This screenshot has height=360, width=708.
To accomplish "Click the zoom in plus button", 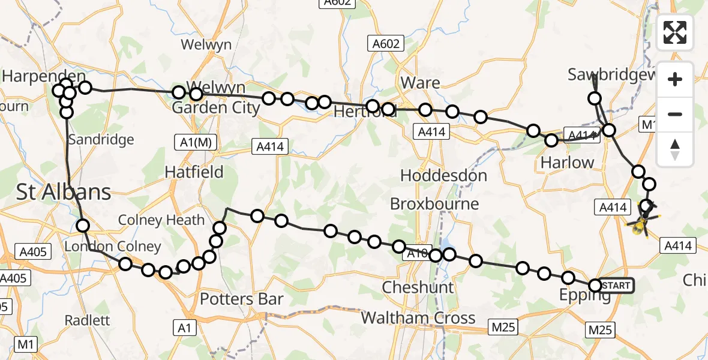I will (x=675, y=79).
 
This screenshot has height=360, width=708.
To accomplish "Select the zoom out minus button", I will (x=675, y=114).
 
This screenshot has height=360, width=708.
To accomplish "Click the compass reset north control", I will (x=675, y=149).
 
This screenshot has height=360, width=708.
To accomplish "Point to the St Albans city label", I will (x=64, y=193).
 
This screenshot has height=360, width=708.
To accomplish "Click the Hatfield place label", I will (x=194, y=172).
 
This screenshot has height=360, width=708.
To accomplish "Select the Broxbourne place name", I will (x=434, y=204).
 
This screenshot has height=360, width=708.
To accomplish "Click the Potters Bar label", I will (x=241, y=299).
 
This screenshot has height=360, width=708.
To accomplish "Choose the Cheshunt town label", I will (x=418, y=287).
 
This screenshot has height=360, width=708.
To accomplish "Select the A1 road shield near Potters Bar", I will (x=184, y=328).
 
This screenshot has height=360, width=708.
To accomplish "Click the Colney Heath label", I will (x=161, y=220).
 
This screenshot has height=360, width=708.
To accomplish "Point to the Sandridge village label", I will (x=101, y=140).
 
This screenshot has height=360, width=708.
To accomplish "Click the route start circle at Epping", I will (x=595, y=286).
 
